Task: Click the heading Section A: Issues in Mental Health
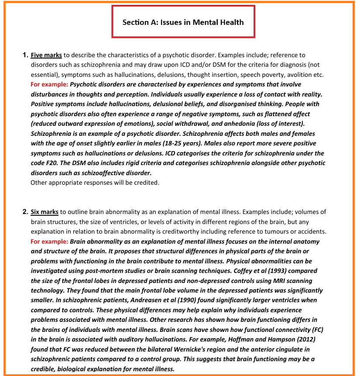pyautogui.click(x=183, y=22)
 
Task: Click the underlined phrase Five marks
pyautogui.click(x=46, y=55)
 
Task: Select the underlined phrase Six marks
pyautogui.click(x=45, y=212)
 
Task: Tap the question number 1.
pyautogui.click(x=25, y=55)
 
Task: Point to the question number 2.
pyautogui.click(x=25, y=212)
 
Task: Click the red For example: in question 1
pyautogui.click(x=49, y=84)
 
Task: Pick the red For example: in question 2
pyautogui.click(x=49, y=241)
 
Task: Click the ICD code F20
pyautogui.click(x=52, y=163)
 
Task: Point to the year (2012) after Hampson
pyautogui.click(x=301, y=339)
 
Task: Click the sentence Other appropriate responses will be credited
pyautogui.click(x=95, y=183)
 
